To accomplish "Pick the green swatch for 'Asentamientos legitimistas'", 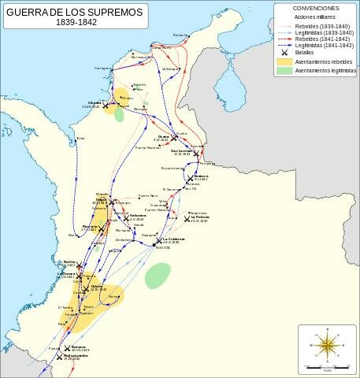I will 283,71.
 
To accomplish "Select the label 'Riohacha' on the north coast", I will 181,35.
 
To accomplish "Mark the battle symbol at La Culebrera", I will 158,240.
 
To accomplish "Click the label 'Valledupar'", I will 171,69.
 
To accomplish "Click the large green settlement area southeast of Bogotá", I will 158,275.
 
